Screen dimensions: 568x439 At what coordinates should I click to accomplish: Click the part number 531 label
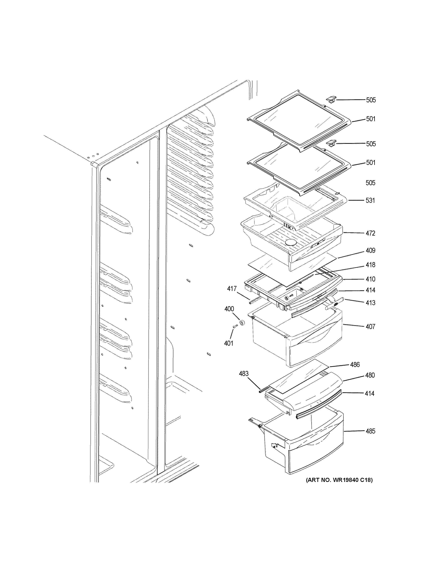(x=370, y=200)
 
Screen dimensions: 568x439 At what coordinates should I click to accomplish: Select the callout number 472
(x=370, y=233)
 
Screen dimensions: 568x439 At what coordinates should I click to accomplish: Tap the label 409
(x=370, y=250)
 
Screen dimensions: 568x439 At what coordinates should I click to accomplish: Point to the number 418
(x=370, y=265)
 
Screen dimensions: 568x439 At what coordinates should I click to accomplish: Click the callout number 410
(x=370, y=279)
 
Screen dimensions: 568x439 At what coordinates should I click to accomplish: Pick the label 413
(x=370, y=303)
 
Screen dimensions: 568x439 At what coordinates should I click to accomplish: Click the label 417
(x=232, y=289)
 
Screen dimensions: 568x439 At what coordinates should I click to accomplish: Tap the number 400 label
(x=229, y=309)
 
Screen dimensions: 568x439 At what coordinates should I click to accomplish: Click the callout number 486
(x=355, y=365)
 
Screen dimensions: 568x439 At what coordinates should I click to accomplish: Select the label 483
(x=244, y=373)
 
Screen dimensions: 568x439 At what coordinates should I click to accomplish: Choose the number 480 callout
(x=370, y=375)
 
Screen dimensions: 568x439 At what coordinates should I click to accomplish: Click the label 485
(x=370, y=431)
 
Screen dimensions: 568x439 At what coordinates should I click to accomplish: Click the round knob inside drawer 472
(x=291, y=242)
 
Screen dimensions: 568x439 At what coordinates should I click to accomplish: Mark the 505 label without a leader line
(x=370, y=183)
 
